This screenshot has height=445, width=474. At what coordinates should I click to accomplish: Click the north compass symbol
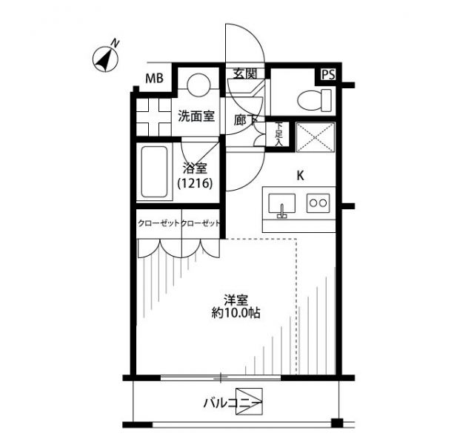pyautogui.click(x=105, y=59)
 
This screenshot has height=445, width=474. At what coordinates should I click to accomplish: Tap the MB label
pyautogui.click(x=154, y=79)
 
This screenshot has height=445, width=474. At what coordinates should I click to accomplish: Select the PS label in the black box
pyautogui.click(x=328, y=75)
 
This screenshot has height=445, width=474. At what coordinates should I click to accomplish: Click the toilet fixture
pyautogui.click(x=314, y=100)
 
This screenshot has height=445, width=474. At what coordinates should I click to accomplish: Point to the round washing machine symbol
pyautogui.click(x=198, y=85)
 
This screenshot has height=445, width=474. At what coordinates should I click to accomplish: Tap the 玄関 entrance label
pyautogui.click(x=245, y=73)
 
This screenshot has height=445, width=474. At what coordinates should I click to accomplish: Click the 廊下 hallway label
pyautogui.click(x=245, y=120)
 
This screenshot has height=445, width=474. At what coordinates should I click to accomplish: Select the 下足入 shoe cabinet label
pyautogui.click(x=278, y=134)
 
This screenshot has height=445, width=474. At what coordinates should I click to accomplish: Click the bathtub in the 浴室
pyautogui.click(x=154, y=172)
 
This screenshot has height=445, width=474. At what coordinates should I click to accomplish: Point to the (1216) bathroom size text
pyautogui.click(x=195, y=183)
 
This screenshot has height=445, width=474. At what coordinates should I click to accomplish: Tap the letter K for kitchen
pyautogui.click(x=300, y=176)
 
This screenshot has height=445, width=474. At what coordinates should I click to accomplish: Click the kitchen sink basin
pyautogui.click(x=281, y=204)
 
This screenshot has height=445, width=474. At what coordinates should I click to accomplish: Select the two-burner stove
pyautogui.click(x=318, y=202)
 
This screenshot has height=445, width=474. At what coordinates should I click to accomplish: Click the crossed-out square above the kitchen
pyautogui.click(x=316, y=137)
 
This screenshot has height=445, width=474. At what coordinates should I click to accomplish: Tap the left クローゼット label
pyautogui.click(x=158, y=224)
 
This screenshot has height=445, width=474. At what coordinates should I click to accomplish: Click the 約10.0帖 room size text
pyautogui.click(x=236, y=313)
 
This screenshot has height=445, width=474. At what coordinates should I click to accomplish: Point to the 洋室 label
pyautogui.click(x=236, y=300)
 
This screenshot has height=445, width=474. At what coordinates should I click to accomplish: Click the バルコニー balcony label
pyautogui.click(x=232, y=403)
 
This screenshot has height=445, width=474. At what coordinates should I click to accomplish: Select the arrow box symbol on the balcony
pyautogui.click(x=249, y=401)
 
